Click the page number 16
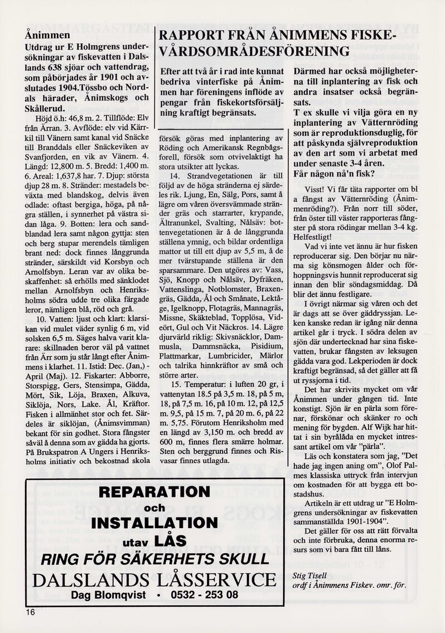coord(30,612)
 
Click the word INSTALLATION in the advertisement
coord(154,522)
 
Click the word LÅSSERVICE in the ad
coord(215,579)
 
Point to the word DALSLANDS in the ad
coord(90,579)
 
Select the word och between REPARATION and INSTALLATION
coord(154,508)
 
